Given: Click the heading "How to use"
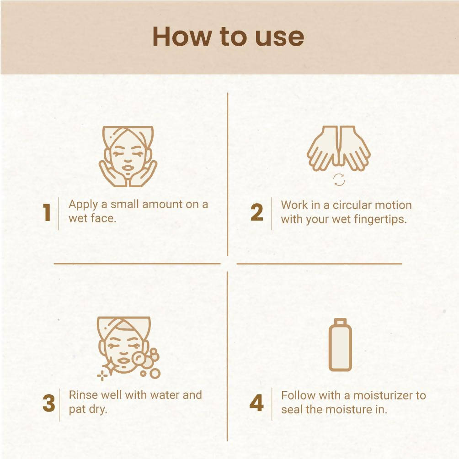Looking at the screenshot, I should [x=228, y=37].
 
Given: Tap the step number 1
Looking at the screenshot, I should [x=47, y=213].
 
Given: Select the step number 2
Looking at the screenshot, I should [x=257, y=213].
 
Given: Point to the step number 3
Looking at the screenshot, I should [x=48, y=404].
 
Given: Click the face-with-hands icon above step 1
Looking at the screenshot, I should [x=128, y=156].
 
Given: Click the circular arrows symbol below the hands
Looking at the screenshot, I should [x=339, y=180].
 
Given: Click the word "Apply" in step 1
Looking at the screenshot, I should [x=83, y=205].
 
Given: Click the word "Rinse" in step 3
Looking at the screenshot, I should [x=83, y=395].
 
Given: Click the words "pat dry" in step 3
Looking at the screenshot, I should [x=88, y=409].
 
